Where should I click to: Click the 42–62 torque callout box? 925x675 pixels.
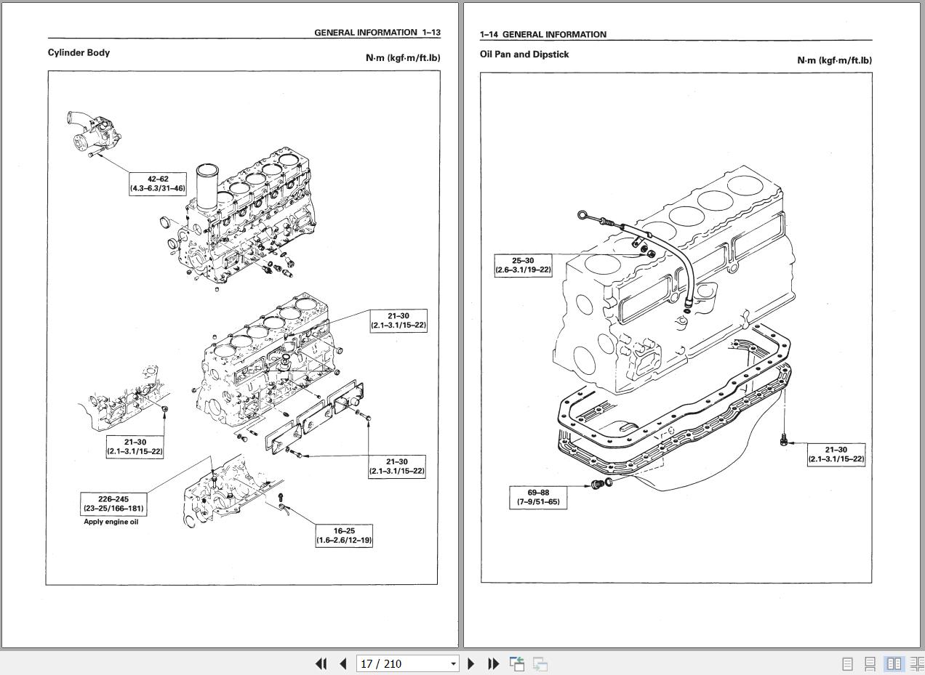[x=157, y=183]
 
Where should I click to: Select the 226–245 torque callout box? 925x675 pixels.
[x=113, y=504]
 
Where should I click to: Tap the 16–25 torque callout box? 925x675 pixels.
[x=344, y=535]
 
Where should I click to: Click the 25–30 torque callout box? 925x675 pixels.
[x=523, y=265]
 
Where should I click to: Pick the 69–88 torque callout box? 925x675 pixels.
[x=538, y=497]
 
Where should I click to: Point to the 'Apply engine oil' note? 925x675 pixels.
[x=111, y=522]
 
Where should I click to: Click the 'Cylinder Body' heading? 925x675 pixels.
[x=79, y=52]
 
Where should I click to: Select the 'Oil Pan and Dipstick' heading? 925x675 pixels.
[x=524, y=54]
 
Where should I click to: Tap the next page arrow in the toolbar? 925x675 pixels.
[x=470, y=663]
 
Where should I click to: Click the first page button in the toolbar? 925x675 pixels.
[x=321, y=663]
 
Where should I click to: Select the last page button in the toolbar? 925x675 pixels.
[x=493, y=663]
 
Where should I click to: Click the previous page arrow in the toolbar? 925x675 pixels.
[x=343, y=663]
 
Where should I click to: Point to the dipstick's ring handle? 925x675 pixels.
[x=583, y=214]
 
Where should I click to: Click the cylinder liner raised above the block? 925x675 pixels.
[x=207, y=187]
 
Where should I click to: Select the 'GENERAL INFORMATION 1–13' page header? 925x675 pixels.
[x=377, y=33]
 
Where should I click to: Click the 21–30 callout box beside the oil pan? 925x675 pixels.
[x=836, y=454]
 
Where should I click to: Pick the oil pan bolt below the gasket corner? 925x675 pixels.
[x=783, y=440]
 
